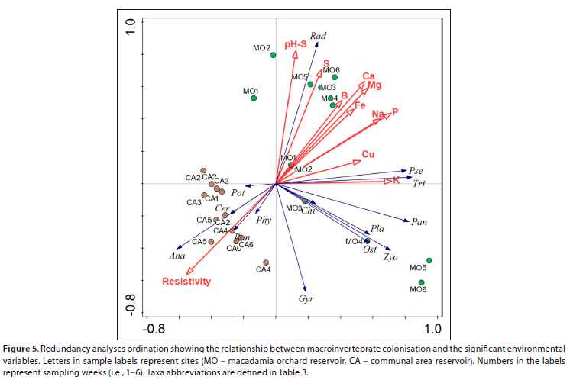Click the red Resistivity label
click(186, 282)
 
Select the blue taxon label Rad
click(319, 35)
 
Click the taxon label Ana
click(177, 256)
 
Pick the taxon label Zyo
click(390, 258)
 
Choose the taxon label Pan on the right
click(419, 222)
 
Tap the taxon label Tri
click(419, 184)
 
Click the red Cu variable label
click(368, 155)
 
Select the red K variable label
click(397, 181)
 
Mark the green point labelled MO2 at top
click(273, 55)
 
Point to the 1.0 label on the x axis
click(433, 328)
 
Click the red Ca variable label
click(368, 76)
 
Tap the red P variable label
click(395, 112)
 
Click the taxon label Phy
click(264, 220)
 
